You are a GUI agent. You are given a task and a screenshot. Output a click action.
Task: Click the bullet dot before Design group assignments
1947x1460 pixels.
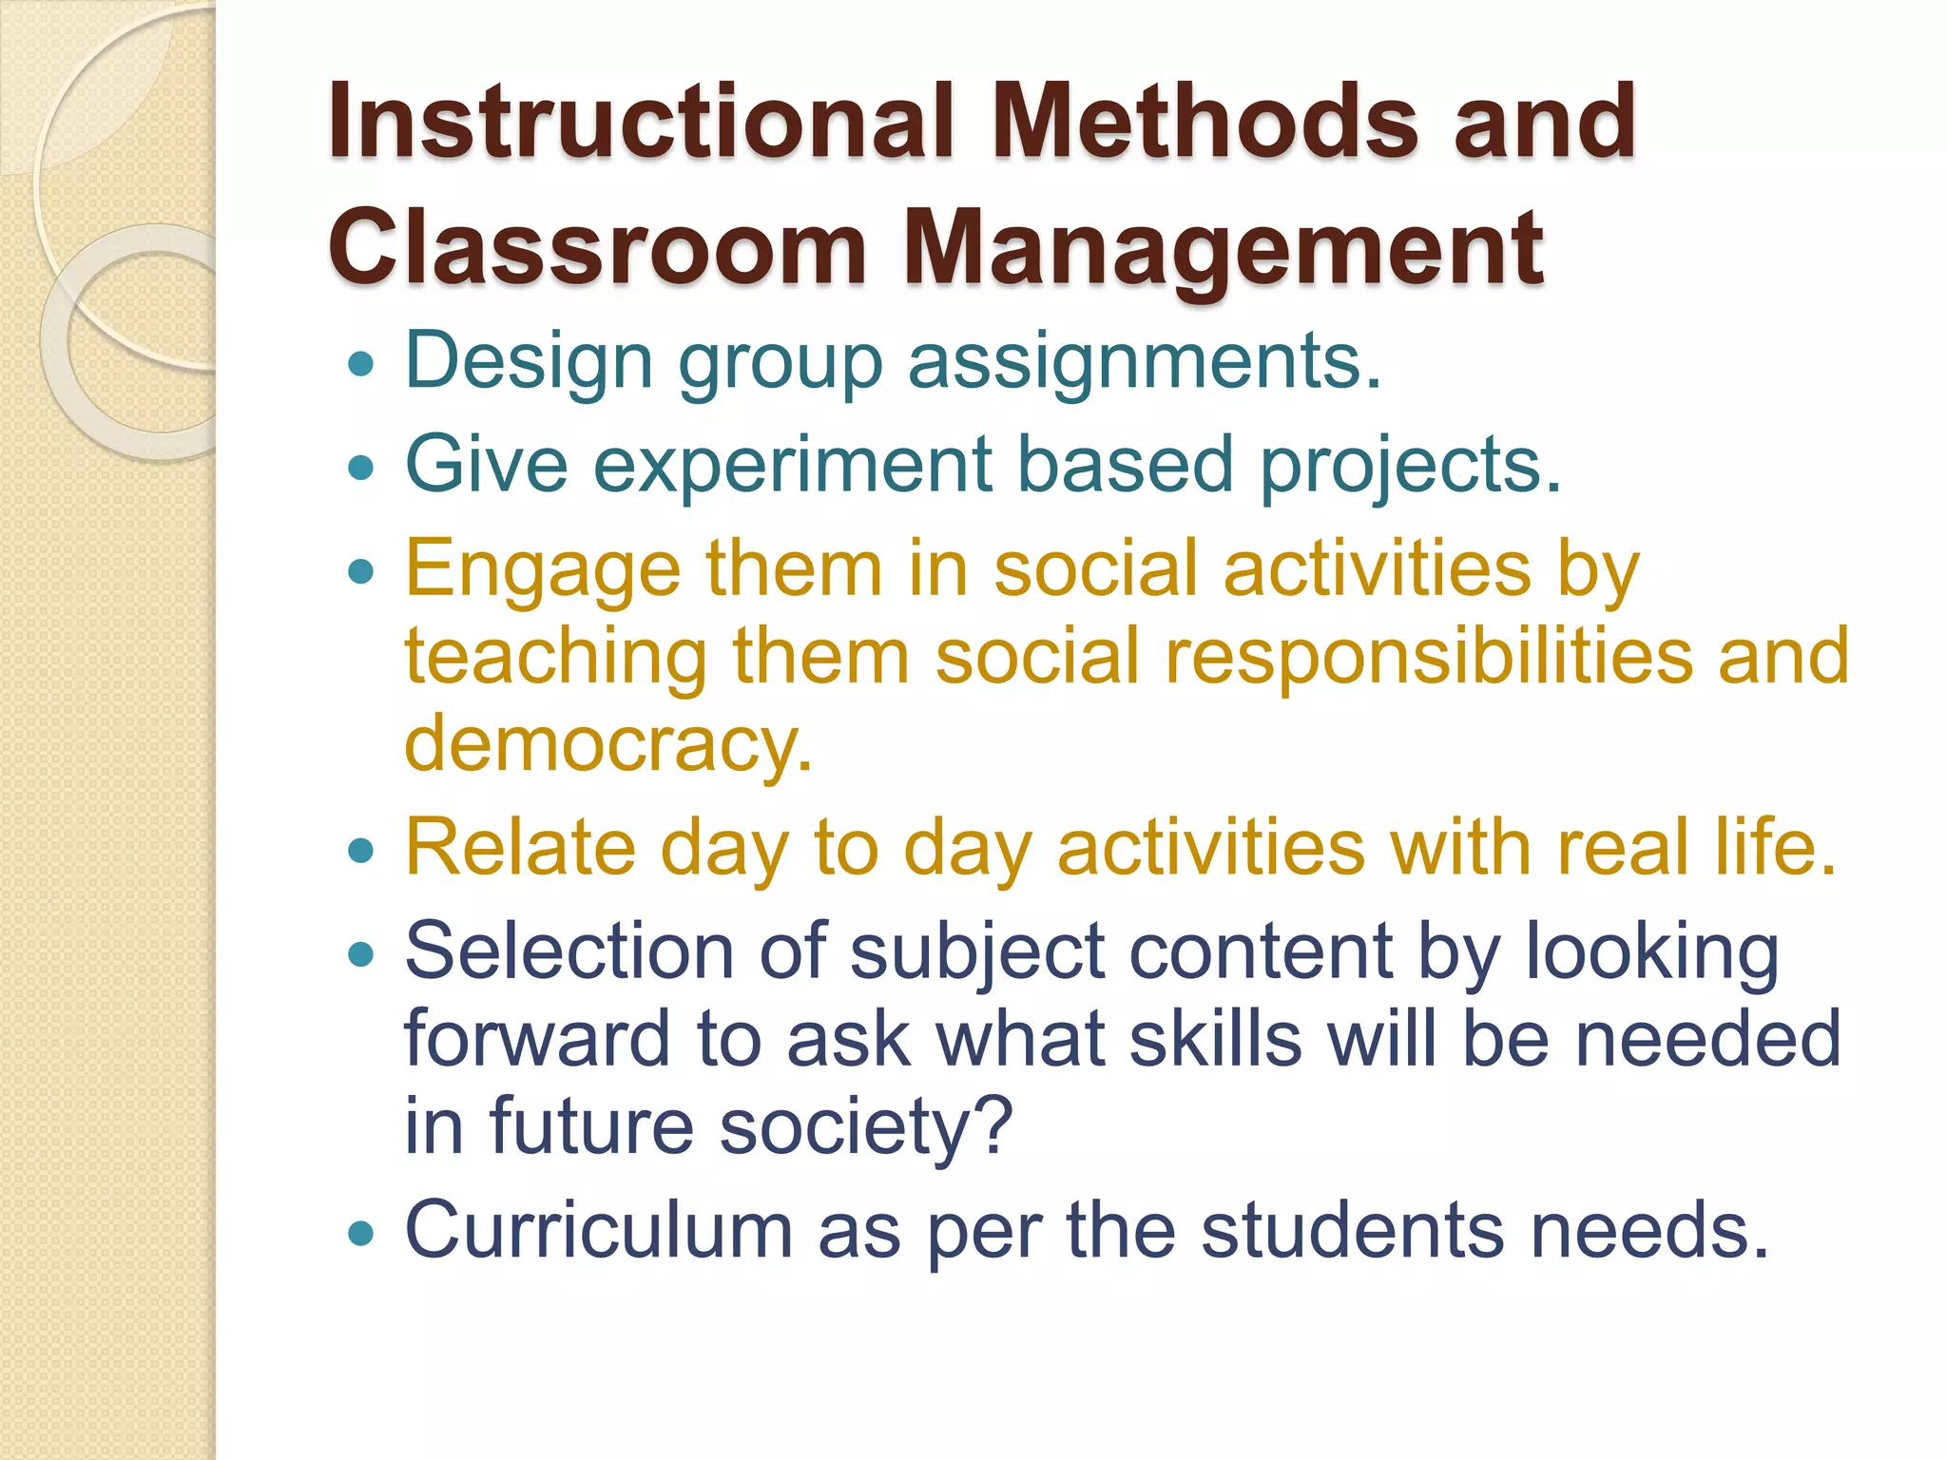pos(361,363)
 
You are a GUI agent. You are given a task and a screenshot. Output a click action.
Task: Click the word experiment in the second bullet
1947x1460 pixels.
pos(794,465)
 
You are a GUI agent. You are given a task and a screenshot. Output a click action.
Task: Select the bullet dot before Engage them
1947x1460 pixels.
pos(361,571)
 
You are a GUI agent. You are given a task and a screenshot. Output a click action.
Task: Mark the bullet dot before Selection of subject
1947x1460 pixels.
pos(361,954)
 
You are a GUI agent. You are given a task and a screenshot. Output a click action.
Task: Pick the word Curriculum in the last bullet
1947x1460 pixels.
pos(599,1230)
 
